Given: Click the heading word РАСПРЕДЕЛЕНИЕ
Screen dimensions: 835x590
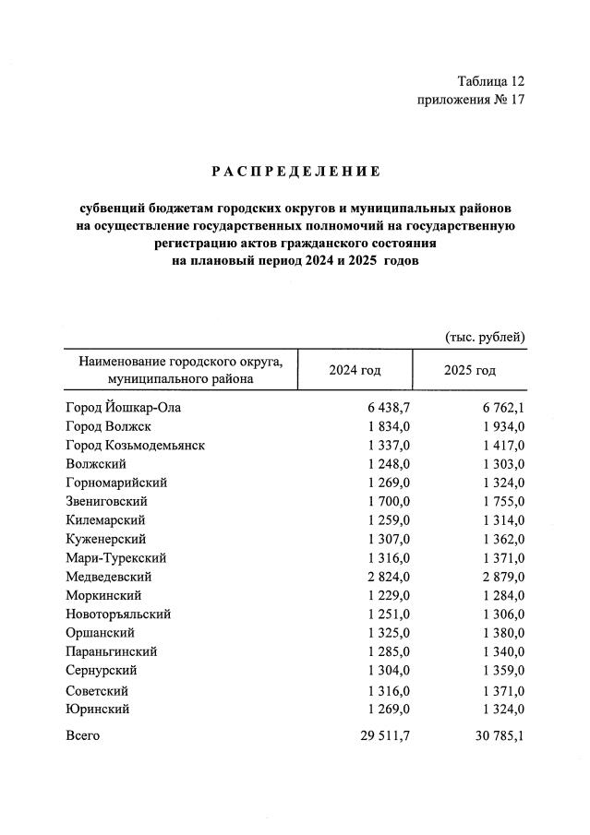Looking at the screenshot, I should pyautogui.click(x=295, y=171).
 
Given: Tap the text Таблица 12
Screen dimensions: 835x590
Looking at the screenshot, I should pyautogui.click(x=490, y=82).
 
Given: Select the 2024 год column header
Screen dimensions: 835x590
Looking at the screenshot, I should pyautogui.click(x=355, y=370).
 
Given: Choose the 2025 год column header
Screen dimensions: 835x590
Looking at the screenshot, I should pyautogui.click(x=470, y=370).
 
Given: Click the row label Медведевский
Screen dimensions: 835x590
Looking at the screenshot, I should pyautogui.click(x=107, y=577).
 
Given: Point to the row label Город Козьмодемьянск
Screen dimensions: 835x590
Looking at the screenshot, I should pyautogui.click(x=135, y=445).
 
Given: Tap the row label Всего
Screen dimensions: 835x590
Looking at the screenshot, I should pyautogui.click(x=83, y=735).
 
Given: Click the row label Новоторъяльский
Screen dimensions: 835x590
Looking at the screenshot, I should pyautogui.click(x=118, y=614).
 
